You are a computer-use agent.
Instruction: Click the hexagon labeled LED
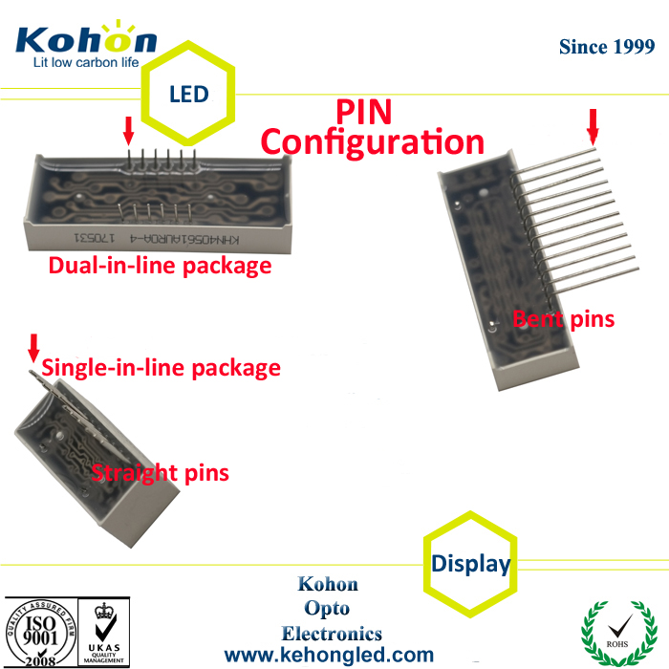188,94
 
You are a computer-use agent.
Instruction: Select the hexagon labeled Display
470,563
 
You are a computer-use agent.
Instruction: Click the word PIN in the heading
363,112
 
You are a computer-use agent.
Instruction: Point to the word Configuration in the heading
373,143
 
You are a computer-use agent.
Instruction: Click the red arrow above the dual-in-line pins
128,131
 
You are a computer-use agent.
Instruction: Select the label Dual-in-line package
160,266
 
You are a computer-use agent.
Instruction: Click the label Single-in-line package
162,368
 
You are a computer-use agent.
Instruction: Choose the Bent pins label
563,318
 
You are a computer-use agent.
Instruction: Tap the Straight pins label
160,472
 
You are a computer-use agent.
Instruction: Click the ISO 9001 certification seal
40,632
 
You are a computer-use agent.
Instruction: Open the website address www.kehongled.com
329,656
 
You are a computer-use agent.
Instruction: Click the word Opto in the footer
328,609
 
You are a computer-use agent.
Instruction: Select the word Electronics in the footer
332,633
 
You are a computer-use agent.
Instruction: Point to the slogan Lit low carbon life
86,63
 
